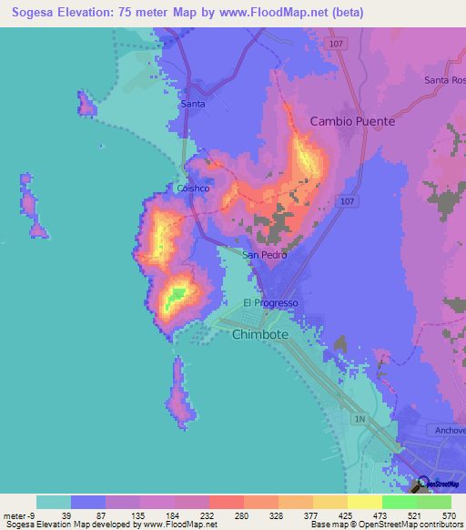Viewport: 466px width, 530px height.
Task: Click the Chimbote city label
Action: [259, 334]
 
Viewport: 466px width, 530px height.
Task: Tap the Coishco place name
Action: [194, 189]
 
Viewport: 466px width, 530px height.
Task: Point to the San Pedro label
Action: [265, 255]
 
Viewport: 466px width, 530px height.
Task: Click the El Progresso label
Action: [270, 303]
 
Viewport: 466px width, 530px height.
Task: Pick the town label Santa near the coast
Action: [193, 104]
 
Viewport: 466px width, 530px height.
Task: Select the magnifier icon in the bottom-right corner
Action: [422, 484]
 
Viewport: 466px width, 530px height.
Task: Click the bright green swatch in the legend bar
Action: [399, 502]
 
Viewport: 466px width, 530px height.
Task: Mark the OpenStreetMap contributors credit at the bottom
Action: [401, 524]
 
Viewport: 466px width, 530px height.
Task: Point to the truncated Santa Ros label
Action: [444, 80]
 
